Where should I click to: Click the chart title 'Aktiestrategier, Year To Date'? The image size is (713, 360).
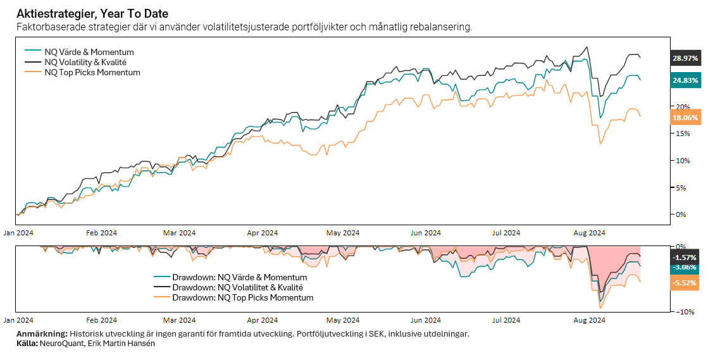coord(92,13)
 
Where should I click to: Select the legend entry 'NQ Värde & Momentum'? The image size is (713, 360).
coord(89,52)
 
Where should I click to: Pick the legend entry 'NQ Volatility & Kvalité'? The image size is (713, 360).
coord(85,62)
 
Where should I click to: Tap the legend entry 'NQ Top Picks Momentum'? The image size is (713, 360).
coord(92,72)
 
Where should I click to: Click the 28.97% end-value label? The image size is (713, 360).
coord(685,58)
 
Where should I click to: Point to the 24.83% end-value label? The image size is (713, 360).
coord(685,80)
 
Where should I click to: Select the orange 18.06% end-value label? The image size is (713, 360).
coord(685,118)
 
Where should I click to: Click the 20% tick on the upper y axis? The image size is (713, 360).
coord(680,106)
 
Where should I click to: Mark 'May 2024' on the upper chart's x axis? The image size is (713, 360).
coord(342,233)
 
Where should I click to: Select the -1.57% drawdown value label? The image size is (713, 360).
coord(685,258)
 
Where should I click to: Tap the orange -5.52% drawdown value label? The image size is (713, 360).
coord(685,283)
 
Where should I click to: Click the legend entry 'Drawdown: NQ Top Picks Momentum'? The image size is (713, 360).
coord(242,297)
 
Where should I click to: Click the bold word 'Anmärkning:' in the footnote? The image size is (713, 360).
coord(42,334)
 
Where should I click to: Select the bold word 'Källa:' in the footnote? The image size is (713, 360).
coord(27,344)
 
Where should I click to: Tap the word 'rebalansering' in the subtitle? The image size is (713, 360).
coord(442,27)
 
